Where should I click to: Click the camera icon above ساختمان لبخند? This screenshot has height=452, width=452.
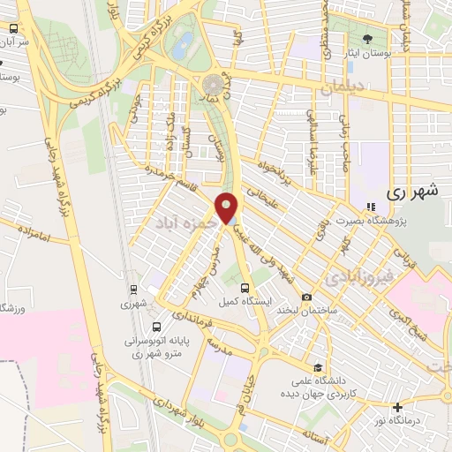(306, 298)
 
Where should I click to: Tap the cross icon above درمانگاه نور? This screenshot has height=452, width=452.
(399, 407)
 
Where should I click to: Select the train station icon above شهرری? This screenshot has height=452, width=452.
(133, 289)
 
